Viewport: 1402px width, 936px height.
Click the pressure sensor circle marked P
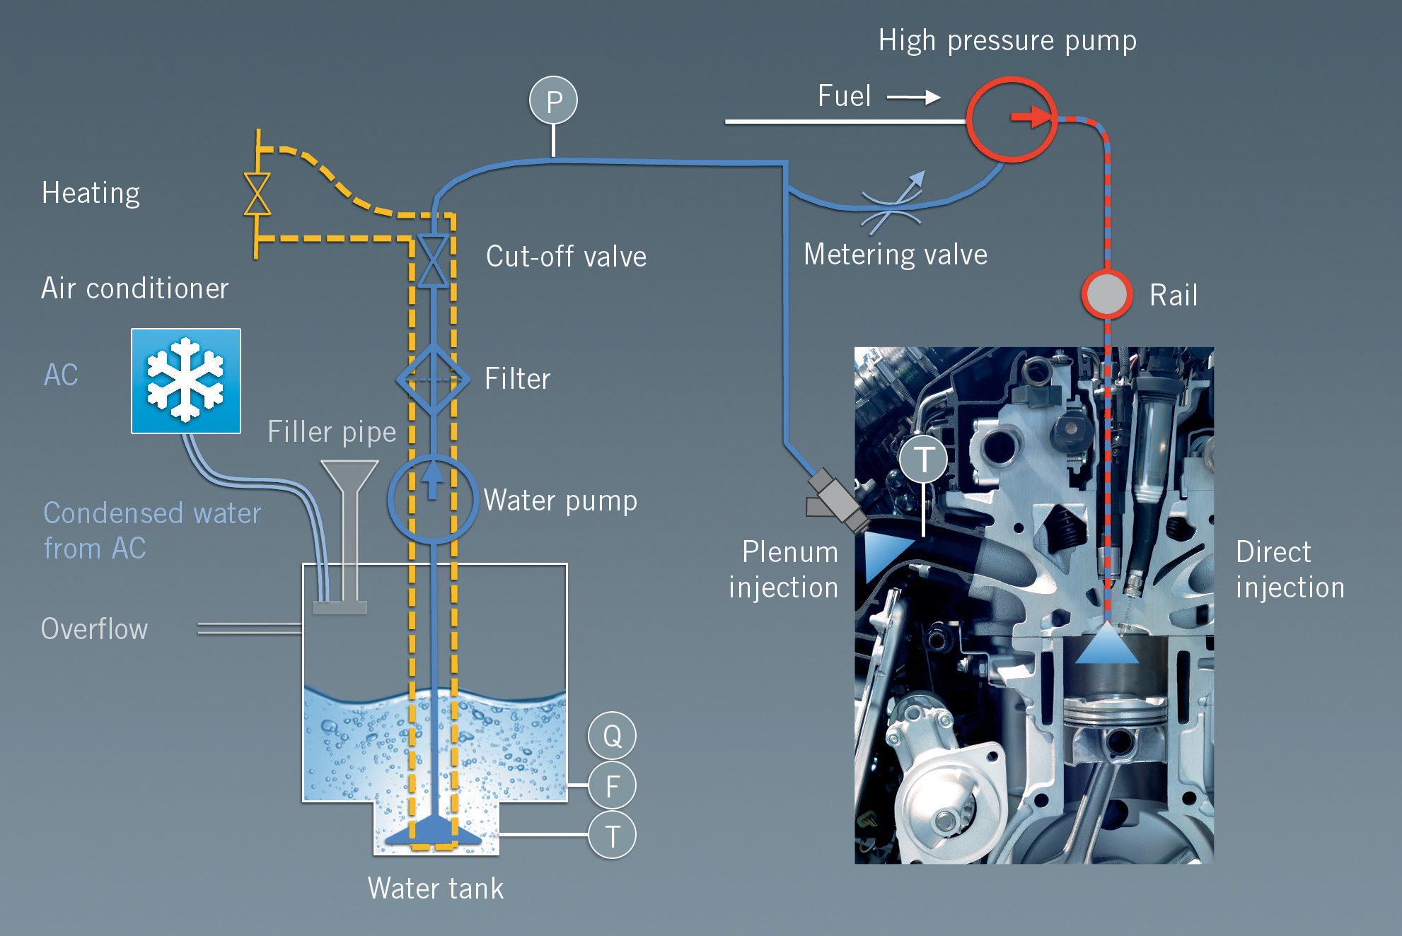(553, 100)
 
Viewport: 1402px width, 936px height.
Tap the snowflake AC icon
(186, 381)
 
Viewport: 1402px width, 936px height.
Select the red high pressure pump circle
(1012, 119)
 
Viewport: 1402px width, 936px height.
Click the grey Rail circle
(1107, 294)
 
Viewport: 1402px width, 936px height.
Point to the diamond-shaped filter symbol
(433, 380)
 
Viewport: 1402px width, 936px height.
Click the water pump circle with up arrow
(433, 500)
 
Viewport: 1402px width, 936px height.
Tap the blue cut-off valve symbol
(433, 261)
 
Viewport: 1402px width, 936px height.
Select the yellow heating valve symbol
(257, 194)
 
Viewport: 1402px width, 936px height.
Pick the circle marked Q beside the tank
(612, 736)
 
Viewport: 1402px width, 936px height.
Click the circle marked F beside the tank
(612, 785)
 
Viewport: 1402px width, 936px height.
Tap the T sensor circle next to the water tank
(612, 835)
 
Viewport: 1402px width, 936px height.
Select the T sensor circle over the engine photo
(924, 460)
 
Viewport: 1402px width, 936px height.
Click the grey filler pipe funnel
(349, 481)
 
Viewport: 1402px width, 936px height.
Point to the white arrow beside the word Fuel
(914, 97)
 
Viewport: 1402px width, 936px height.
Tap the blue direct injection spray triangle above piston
(1107, 643)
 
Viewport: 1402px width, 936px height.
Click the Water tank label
(436, 889)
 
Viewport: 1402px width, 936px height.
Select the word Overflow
(95, 629)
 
